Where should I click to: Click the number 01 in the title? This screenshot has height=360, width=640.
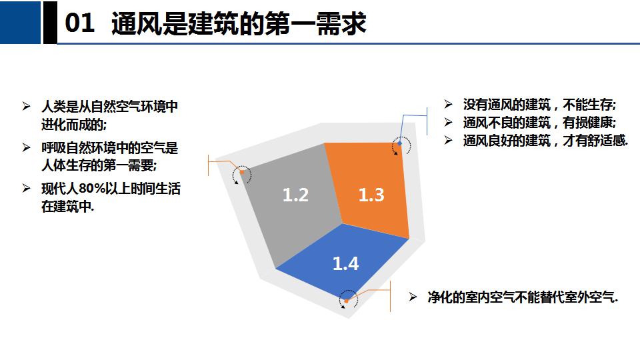(80, 23)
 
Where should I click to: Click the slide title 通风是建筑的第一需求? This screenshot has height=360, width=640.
(239, 23)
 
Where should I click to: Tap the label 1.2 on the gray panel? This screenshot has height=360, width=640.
(295, 195)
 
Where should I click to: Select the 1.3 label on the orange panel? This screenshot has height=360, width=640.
(371, 195)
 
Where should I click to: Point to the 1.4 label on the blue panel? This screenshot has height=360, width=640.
(346, 263)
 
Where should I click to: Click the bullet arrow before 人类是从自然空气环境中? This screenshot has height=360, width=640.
(27, 107)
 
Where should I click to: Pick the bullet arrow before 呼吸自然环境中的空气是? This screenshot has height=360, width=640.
(27, 147)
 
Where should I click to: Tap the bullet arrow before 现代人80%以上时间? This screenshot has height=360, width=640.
(27, 188)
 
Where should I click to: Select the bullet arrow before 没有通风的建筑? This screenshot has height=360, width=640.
(448, 105)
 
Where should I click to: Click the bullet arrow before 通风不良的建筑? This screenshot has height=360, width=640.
(448, 123)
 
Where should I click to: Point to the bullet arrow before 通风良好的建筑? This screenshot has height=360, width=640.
(448, 141)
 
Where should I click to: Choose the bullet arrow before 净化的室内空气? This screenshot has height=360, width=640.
(413, 297)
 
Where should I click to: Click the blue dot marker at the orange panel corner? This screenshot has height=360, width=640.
(399, 143)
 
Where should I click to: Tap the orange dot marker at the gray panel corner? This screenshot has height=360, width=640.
(241, 172)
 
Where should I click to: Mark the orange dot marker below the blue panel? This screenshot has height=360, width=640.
(347, 301)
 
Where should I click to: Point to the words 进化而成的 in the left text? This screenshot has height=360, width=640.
(72, 125)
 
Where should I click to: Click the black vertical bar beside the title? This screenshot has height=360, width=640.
(50, 22)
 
